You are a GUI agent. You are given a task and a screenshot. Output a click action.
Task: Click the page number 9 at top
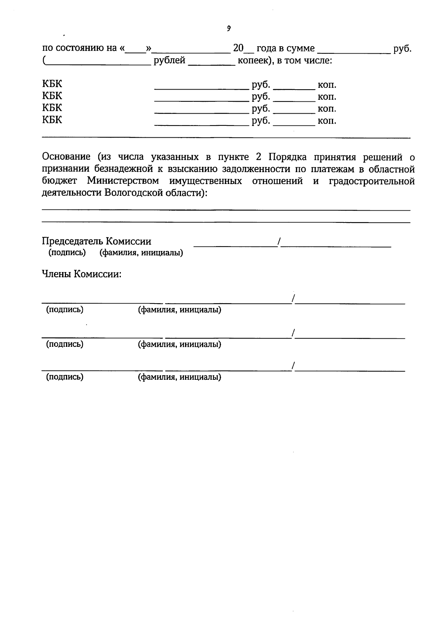coord(229,29)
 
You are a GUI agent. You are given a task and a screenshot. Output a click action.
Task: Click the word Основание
coord(66,157)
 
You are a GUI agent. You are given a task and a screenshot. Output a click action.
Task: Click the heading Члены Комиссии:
coord(82,274)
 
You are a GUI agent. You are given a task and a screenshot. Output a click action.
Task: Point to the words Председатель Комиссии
coord(96,241)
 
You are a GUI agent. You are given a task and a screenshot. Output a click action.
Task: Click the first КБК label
coord(52,84)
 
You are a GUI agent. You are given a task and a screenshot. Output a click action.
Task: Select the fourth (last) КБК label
coord(52,120)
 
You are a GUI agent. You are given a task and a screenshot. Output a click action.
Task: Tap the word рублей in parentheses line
coord(169,60)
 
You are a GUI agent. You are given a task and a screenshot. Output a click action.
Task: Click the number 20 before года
coord(238,48)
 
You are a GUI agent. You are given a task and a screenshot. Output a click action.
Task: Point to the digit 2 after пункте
coord(259,157)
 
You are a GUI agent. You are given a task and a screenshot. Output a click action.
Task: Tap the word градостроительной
coord(372,181)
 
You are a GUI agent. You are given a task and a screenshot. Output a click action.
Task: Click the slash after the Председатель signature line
coord(278,242)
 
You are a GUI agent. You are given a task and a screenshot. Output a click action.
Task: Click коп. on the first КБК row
coord(327,85)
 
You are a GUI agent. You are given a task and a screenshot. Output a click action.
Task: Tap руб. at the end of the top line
coord(402,48)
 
